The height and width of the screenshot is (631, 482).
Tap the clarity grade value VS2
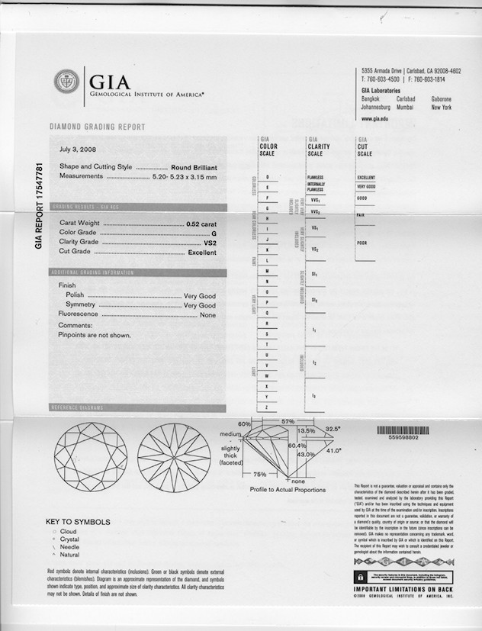point(210,243)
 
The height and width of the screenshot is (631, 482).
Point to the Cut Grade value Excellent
point(202,253)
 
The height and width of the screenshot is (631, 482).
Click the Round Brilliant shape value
point(194,166)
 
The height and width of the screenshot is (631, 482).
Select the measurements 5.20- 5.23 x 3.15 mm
point(184,176)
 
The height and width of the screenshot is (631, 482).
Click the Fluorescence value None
point(207,314)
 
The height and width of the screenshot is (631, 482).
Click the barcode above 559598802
point(402,430)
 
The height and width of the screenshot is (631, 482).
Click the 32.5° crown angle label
point(332,430)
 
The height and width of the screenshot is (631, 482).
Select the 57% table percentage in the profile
point(288,421)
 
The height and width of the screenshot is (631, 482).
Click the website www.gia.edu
point(374,119)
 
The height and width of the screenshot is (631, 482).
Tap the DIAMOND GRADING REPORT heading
point(97,127)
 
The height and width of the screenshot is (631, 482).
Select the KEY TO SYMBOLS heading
point(78,523)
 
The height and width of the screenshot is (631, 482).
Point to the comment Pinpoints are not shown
point(95,335)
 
